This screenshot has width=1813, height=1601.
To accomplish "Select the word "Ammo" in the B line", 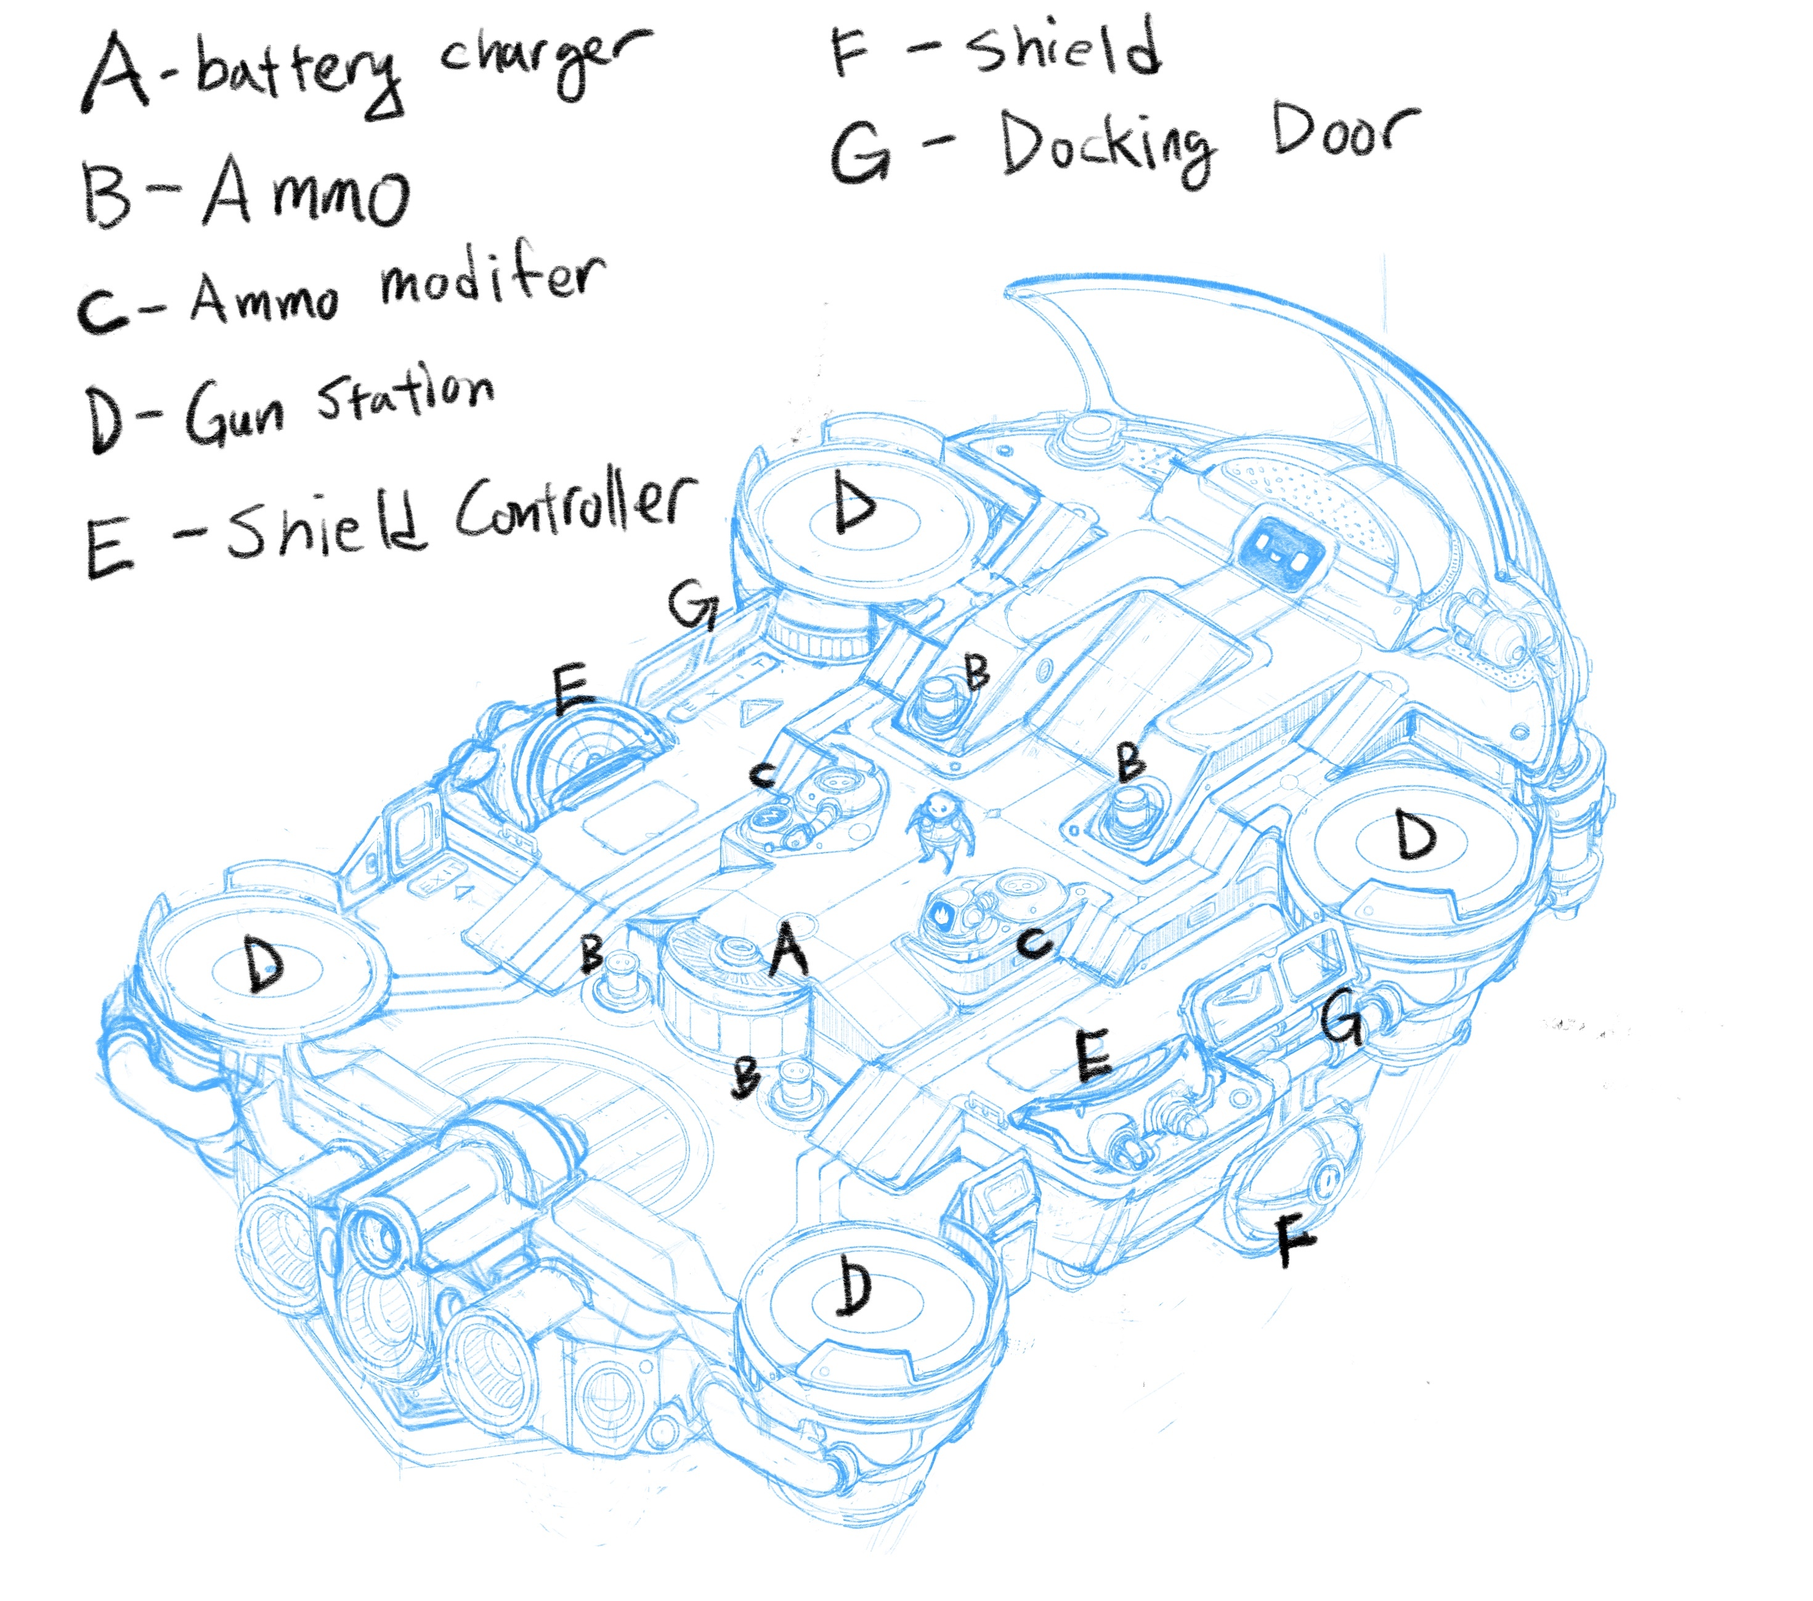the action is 307,192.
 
